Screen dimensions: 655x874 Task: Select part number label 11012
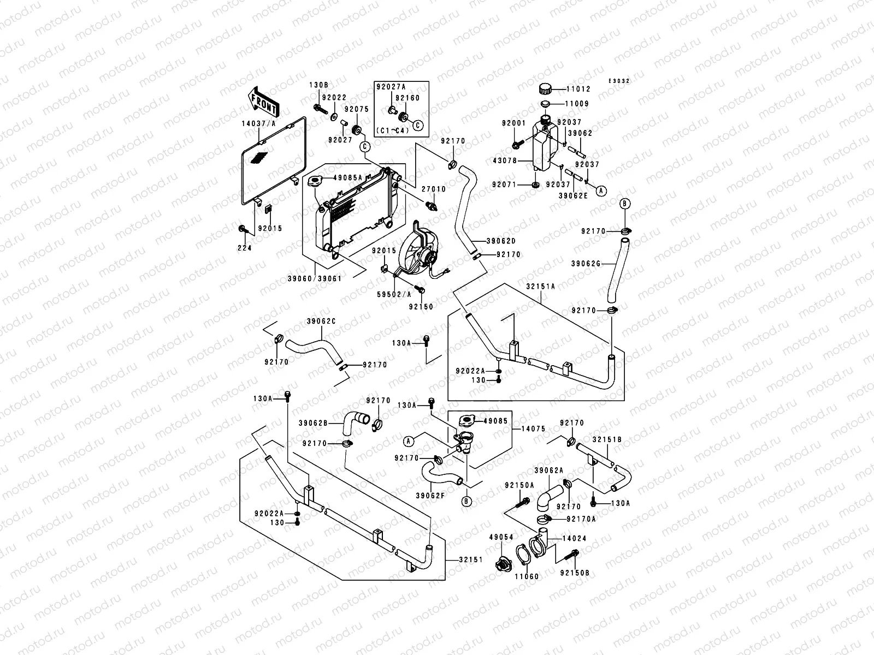click(x=577, y=88)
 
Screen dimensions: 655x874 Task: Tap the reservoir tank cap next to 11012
click(x=545, y=89)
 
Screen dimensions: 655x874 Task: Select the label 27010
click(x=434, y=189)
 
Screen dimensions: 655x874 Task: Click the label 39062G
click(x=586, y=264)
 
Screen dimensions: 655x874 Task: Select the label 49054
click(x=501, y=537)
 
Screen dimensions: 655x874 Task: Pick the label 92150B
click(x=575, y=573)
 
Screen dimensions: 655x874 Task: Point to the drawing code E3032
click(x=619, y=81)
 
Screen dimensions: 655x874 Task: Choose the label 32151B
click(x=607, y=439)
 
